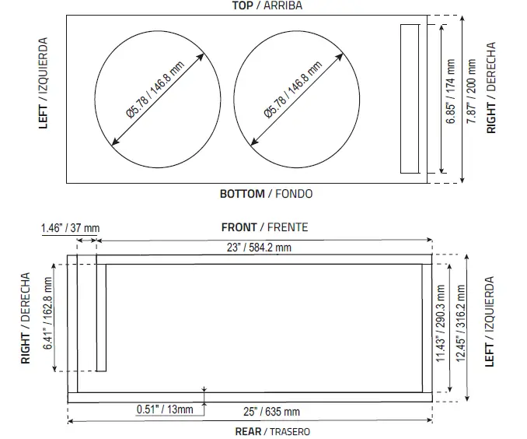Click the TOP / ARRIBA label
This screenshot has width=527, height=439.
point(267,5)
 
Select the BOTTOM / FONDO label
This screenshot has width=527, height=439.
point(266,193)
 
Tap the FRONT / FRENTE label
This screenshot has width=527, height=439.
point(264,227)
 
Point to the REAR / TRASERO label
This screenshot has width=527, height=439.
point(264,430)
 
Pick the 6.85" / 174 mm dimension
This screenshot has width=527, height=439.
point(450,98)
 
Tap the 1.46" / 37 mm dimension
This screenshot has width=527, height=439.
point(70,228)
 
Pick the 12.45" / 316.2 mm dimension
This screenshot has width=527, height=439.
point(462,327)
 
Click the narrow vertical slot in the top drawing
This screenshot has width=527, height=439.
point(410,98)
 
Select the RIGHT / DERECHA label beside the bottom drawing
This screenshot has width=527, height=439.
point(26,318)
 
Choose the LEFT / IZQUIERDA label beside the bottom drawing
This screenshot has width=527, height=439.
point(489,321)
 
